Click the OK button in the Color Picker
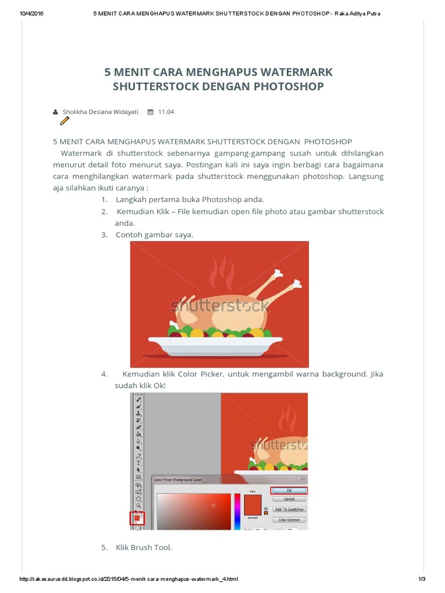tap(289, 490)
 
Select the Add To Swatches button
tap(289, 509)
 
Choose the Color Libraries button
tap(289, 519)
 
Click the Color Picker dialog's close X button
tap(301, 479)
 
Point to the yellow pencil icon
tap(64, 120)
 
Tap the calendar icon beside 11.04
tap(150, 112)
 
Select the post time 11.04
tap(166, 112)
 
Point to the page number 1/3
tap(422, 579)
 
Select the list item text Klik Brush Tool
tap(144, 547)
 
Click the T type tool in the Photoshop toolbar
tap(138, 463)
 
